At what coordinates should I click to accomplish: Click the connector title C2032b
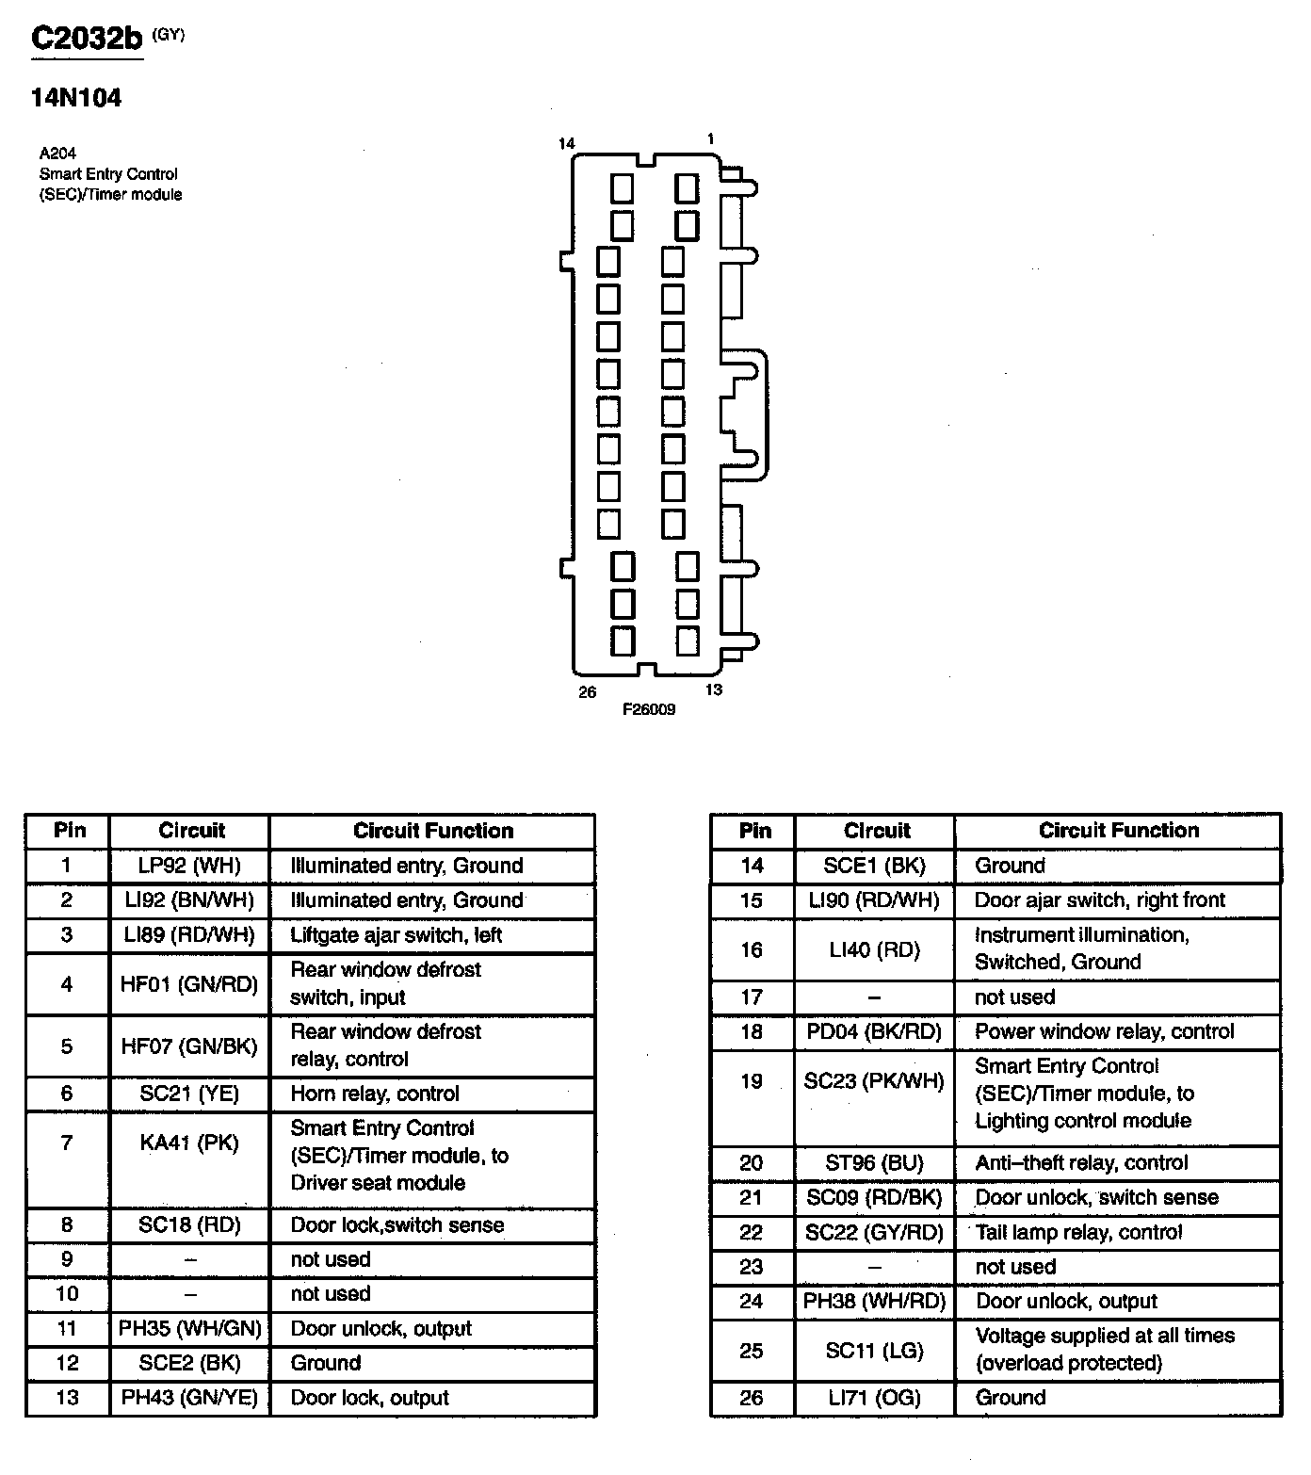coord(87,38)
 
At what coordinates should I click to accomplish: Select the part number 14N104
coord(76,98)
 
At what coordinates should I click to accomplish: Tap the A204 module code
coord(57,153)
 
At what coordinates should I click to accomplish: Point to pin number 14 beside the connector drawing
coord(566,143)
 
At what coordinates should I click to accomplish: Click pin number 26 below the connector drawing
coord(588,692)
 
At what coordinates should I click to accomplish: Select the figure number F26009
coord(648,709)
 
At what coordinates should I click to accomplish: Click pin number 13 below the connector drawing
coord(714,689)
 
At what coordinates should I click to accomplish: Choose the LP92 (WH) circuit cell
coord(189,866)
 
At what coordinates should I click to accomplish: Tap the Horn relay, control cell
coord(375,1094)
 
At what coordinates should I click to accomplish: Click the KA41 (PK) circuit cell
coord(189,1143)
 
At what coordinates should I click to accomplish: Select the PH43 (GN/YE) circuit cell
coord(189,1398)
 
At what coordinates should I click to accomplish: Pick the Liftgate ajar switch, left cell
coord(396,935)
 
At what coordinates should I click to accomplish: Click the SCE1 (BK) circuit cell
coord(875,866)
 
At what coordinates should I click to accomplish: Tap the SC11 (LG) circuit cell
coord(875,1351)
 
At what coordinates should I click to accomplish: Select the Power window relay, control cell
coord(1104,1031)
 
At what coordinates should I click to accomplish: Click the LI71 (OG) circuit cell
coord(875,1398)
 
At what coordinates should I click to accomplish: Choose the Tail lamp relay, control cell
coord(1078,1232)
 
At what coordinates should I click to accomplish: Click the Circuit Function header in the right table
coord(1119,831)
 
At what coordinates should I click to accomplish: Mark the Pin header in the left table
coord(69,831)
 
